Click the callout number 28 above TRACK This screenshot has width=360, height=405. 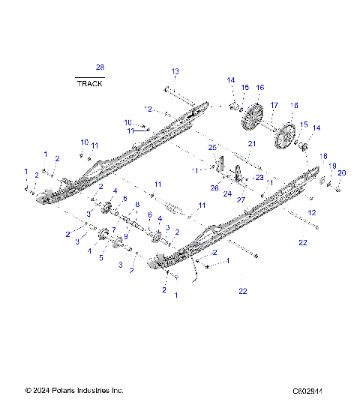[x=100, y=68]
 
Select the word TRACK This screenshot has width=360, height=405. [x=90, y=83]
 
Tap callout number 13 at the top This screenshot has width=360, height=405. [x=175, y=71]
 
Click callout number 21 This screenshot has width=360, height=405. [x=252, y=143]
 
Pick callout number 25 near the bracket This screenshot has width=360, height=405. [x=211, y=147]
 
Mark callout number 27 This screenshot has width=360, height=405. [x=241, y=200]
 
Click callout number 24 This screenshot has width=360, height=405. [x=227, y=193]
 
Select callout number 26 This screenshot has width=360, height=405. [x=214, y=188]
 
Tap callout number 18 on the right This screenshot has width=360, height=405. [x=324, y=156]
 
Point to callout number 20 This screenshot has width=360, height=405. [x=342, y=173]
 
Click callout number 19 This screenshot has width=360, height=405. [x=332, y=166]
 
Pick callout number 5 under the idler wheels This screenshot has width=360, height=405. [x=101, y=256]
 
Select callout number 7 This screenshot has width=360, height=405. [x=113, y=229]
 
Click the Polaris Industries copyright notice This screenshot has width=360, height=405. [x=73, y=391]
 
